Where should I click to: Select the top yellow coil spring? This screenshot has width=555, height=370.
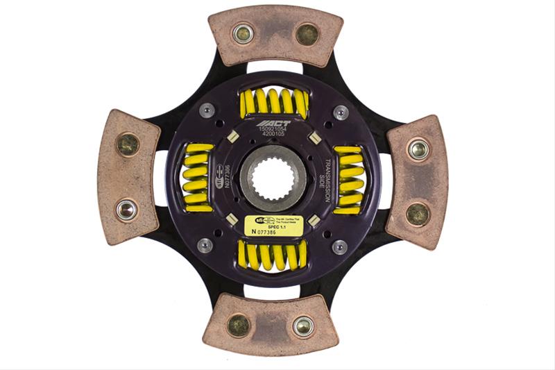coord(273,103)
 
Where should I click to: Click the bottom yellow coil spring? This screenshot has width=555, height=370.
coord(273,255)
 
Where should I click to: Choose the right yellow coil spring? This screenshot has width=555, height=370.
coord(348,179)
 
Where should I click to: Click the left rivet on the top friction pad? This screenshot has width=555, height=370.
coord(243,33)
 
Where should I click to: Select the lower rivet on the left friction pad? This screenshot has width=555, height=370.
coord(126,209)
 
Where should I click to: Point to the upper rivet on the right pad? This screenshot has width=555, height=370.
coord(418,149)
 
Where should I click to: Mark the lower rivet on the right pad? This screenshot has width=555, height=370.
coord(418,213)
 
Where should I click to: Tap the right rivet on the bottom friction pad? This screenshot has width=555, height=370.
coord(303,325)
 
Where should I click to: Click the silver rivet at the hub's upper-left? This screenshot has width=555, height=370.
coord(206,110)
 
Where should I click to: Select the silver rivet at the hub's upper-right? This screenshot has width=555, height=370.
coord(340,111)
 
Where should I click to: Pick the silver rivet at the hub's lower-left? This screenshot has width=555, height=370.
coord(205,245)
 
